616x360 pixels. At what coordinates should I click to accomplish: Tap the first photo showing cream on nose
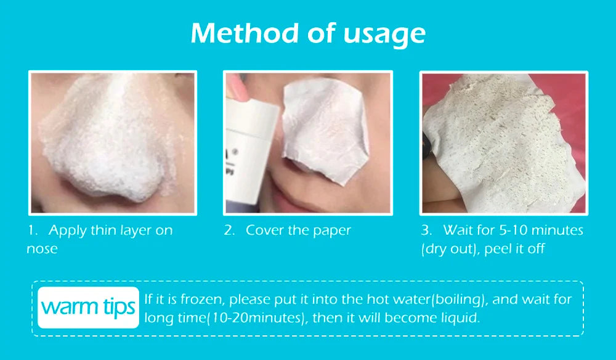pyautogui.click(x=112, y=142)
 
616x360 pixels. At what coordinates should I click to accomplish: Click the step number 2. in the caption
pyautogui.click(x=229, y=231)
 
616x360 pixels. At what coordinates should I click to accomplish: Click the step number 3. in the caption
pyautogui.click(x=426, y=231)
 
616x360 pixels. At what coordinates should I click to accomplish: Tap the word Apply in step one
pyautogui.click(x=67, y=231)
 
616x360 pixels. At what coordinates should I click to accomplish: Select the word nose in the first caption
pyautogui.click(x=42, y=249)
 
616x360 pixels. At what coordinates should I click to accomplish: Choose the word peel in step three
pyautogui.click(x=497, y=249)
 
